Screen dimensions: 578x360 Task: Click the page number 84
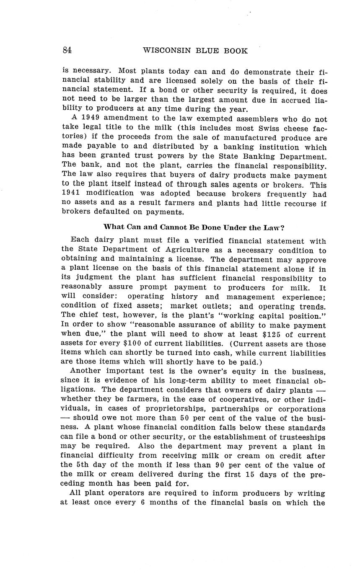coord(67,50)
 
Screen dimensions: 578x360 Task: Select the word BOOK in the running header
coord(236,51)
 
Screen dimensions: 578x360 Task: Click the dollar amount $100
coord(134,344)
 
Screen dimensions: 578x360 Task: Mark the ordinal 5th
coord(82,465)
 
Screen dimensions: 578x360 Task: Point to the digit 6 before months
coord(143,502)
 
